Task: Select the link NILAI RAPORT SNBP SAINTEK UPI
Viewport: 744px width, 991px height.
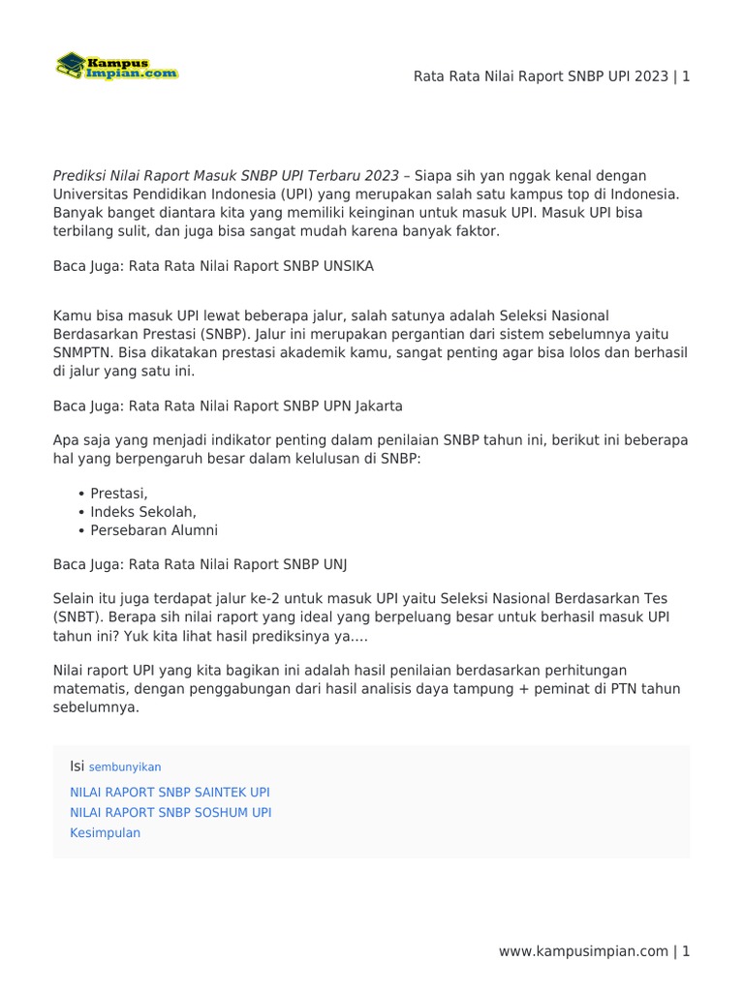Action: (170, 792)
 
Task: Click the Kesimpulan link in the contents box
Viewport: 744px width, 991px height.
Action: (106, 832)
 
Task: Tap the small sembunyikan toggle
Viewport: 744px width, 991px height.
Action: (125, 767)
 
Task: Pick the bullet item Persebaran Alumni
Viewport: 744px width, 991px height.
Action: (154, 530)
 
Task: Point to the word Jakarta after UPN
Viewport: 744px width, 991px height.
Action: (377, 405)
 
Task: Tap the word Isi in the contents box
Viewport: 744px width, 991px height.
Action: (77, 766)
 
